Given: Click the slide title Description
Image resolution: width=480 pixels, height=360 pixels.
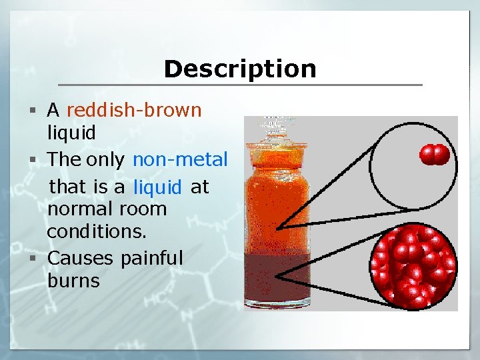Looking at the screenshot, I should click(x=240, y=69).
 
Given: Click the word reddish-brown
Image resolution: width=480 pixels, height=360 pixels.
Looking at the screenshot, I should click(x=134, y=109).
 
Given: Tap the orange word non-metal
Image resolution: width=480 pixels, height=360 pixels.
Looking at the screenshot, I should click(x=180, y=160).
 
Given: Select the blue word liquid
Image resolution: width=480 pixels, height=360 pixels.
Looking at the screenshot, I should click(x=157, y=187).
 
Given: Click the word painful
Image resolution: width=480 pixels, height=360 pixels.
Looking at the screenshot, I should click(x=151, y=258).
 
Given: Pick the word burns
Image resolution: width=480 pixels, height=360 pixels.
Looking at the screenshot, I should click(x=73, y=281).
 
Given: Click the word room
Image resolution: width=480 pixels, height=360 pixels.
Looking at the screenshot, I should click(x=143, y=209).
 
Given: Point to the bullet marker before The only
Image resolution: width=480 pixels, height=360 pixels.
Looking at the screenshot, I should click(x=38, y=160).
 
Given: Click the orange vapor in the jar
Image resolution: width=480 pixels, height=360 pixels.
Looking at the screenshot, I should click(x=277, y=200).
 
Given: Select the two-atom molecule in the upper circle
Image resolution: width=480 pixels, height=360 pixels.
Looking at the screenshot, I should click(x=434, y=155).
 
